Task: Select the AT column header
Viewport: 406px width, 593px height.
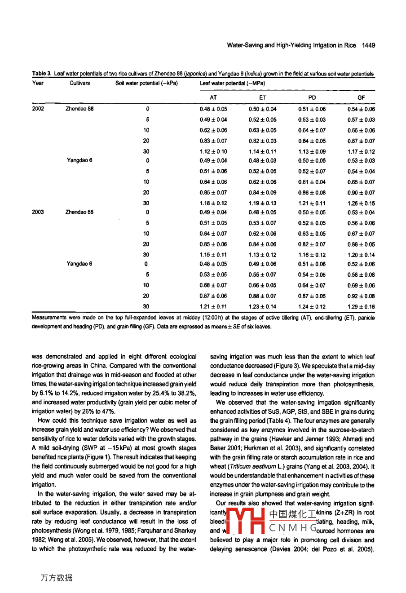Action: click(x=213, y=97)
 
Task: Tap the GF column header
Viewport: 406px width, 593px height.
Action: click(x=361, y=97)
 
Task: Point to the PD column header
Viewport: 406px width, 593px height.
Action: click(x=312, y=97)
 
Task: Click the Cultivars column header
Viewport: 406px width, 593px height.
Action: click(x=79, y=83)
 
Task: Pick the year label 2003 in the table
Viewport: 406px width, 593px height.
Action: click(x=38, y=212)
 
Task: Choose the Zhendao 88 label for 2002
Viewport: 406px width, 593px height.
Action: click(x=79, y=109)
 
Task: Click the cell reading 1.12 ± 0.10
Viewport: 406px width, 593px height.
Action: click(x=213, y=152)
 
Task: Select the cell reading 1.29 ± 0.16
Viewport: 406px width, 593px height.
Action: click(x=361, y=307)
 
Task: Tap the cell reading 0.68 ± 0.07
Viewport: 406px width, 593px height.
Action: click(x=213, y=285)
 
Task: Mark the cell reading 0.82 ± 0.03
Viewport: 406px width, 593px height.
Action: click(x=263, y=141)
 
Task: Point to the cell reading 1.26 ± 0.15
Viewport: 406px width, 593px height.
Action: click(x=361, y=204)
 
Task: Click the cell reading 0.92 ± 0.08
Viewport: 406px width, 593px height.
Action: click(x=361, y=296)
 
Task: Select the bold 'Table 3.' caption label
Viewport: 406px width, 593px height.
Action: click(x=42, y=74)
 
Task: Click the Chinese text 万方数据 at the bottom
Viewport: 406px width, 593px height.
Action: click(x=57, y=578)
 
